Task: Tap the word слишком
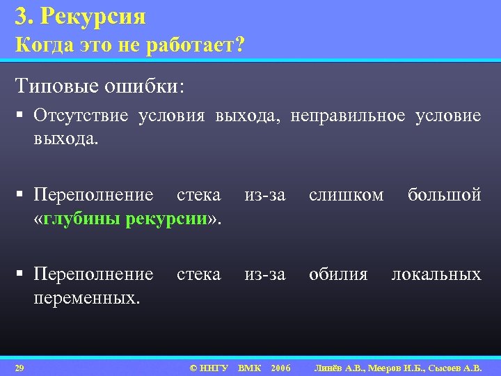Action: click(x=346, y=195)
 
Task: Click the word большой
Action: click(x=445, y=195)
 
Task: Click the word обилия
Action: click(x=338, y=274)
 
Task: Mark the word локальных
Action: click(x=436, y=274)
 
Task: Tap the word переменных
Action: click(x=86, y=298)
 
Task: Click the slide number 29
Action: click(x=19, y=367)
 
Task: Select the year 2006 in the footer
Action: click(x=280, y=367)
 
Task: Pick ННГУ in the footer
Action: click(x=214, y=367)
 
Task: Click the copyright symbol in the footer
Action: click(x=194, y=367)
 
